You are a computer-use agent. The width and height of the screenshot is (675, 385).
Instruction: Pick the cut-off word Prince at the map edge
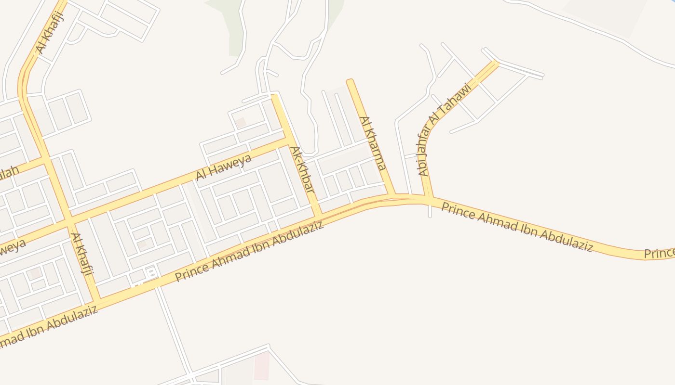(660, 253)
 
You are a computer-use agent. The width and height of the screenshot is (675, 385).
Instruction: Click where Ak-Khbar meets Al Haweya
(287, 140)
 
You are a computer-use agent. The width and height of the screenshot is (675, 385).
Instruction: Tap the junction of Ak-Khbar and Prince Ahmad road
(318, 213)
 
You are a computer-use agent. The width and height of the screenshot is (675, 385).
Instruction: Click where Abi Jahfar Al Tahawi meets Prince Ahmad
(429, 198)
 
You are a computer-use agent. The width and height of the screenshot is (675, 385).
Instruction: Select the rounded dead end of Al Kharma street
(350, 82)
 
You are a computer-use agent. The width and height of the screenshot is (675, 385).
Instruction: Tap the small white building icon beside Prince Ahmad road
(150, 272)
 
